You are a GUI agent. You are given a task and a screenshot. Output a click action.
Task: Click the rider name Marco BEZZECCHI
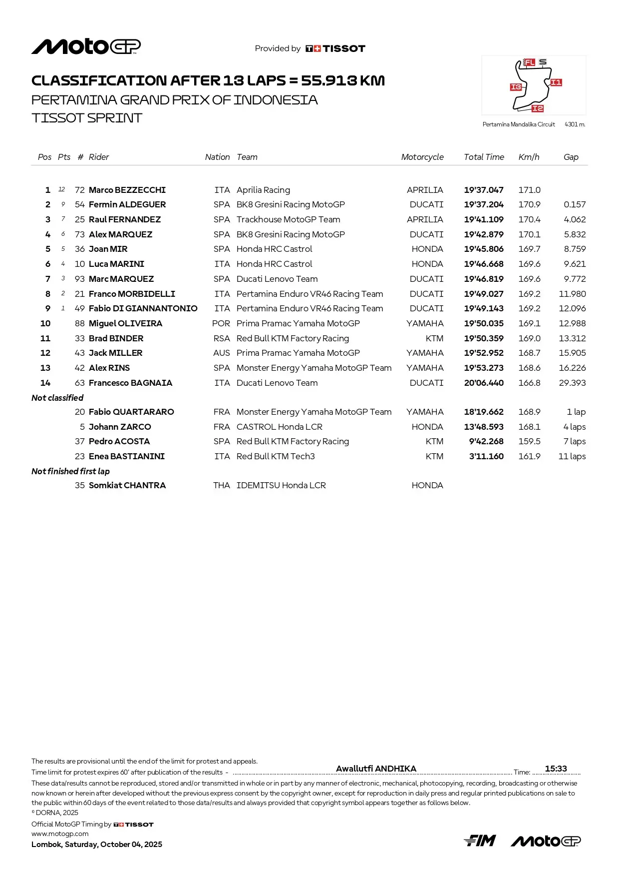[127, 190]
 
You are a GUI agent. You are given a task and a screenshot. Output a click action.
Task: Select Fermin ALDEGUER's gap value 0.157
[575, 204]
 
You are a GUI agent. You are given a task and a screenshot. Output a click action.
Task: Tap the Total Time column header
[484, 157]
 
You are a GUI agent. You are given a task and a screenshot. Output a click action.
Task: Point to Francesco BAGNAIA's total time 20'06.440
[484, 383]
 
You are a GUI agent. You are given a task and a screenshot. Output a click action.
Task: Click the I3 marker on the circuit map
[516, 87]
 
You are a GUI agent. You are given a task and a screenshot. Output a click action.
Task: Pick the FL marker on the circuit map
[529, 62]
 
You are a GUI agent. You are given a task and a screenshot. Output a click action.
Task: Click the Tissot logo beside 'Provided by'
[335, 48]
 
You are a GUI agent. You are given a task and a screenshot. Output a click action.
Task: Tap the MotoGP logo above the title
[86, 46]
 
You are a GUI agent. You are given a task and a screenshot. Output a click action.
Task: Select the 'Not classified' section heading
[57, 398]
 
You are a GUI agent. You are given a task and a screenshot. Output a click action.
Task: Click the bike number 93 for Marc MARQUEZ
[79, 279]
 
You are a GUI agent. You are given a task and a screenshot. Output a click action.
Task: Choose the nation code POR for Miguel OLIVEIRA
[221, 323]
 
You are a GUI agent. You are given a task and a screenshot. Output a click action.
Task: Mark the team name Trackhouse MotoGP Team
[288, 219]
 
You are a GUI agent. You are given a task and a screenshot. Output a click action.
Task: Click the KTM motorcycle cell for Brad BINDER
[434, 338]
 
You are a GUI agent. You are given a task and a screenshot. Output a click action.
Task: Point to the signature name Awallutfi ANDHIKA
[376, 769]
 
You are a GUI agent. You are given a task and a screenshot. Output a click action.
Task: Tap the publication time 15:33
[556, 769]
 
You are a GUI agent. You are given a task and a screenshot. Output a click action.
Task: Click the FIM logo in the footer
[480, 841]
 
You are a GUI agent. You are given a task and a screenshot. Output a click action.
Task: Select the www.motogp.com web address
[60, 834]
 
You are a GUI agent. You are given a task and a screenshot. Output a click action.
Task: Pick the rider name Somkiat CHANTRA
[127, 485]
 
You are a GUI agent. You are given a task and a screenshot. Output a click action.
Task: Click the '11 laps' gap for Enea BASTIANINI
[572, 456]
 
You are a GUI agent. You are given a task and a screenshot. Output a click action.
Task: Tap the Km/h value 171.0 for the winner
[529, 190]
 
